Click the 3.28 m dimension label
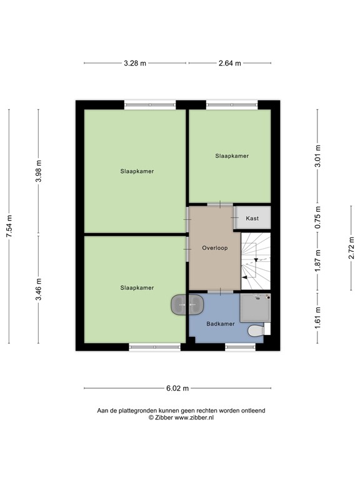pyautogui.click(x=135, y=63)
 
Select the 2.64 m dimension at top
pyautogui.click(x=230, y=63)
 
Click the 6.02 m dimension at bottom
pyautogui.click(x=177, y=388)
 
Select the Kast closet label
pyautogui.click(x=252, y=219)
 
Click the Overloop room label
pyautogui.click(x=214, y=248)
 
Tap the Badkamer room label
pyautogui.click(x=220, y=324)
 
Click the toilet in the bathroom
pyautogui.click(x=256, y=329)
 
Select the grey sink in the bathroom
pyautogui.click(x=187, y=304)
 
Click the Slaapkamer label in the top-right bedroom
pyautogui.click(x=231, y=156)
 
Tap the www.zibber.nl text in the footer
pyautogui.click(x=193, y=417)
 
